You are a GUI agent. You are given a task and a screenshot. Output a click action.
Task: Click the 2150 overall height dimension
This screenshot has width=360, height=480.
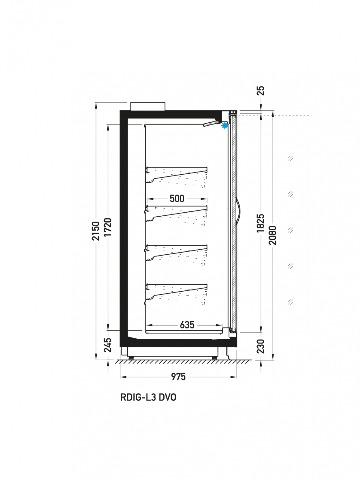(x=96, y=231)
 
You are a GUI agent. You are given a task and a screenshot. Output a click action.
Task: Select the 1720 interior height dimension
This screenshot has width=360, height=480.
(x=108, y=227)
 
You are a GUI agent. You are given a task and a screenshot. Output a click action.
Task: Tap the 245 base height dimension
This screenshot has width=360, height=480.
(x=108, y=345)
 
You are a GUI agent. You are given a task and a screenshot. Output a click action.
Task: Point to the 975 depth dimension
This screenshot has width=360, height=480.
(x=178, y=376)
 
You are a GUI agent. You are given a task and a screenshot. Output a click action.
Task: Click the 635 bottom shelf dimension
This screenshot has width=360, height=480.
(x=187, y=325)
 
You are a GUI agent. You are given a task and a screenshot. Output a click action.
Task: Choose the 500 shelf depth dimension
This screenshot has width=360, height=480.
(x=177, y=199)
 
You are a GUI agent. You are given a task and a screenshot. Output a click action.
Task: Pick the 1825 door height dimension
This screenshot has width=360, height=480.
(x=261, y=223)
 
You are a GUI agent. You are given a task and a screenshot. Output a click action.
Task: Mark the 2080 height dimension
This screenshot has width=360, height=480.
(x=273, y=235)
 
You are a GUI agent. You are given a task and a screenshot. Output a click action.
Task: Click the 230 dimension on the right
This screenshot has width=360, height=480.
(x=261, y=346)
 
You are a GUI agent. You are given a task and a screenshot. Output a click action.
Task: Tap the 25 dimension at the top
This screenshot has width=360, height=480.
(x=261, y=91)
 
